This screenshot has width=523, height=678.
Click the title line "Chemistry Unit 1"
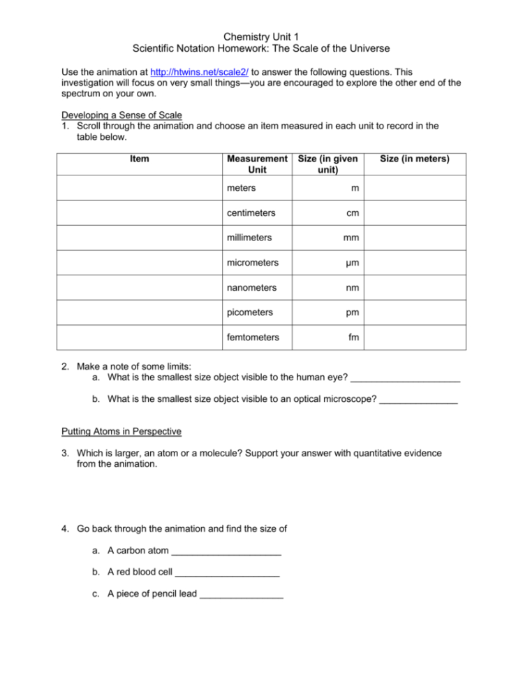pyautogui.click(x=261, y=35)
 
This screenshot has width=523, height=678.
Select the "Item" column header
pyautogui.click(x=139, y=159)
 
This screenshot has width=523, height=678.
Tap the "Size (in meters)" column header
pyautogui.click(x=414, y=159)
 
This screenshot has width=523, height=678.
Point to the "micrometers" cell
pyautogui.click(x=253, y=263)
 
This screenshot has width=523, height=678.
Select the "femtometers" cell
pyautogui.click(x=253, y=337)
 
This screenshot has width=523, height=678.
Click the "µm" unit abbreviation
pyautogui.click(x=352, y=263)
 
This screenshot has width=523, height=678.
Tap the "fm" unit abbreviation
pyautogui.click(x=354, y=337)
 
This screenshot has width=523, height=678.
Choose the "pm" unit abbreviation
pyautogui.click(x=353, y=312)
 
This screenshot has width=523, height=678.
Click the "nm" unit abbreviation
pyautogui.click(x=353, y=287)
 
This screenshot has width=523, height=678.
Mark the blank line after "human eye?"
pyautogui.click(x=405, y=380)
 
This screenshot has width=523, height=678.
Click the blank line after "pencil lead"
pyautogui.click(x=241, y=596)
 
